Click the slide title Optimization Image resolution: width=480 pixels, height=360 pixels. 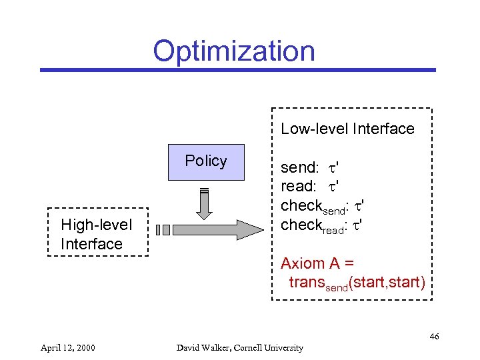point(233,51)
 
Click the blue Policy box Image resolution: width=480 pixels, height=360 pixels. point(206,162)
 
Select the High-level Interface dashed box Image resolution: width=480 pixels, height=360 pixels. point(98,232)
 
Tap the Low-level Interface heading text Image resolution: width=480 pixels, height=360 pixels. point(347,129)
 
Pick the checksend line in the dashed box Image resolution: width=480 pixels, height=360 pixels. point(321,206)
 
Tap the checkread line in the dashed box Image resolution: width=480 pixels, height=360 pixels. point(321,225)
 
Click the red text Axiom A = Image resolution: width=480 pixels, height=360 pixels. point(317,263)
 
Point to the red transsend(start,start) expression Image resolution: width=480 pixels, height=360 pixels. point(356,283)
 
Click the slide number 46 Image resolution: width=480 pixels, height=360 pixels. point(434,336)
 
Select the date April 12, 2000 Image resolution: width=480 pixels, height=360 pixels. point(67,347)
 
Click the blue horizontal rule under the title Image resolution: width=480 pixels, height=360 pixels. point(237,69)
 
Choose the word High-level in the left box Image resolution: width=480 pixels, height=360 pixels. point(97,225)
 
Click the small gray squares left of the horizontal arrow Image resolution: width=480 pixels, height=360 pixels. point(163,230)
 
